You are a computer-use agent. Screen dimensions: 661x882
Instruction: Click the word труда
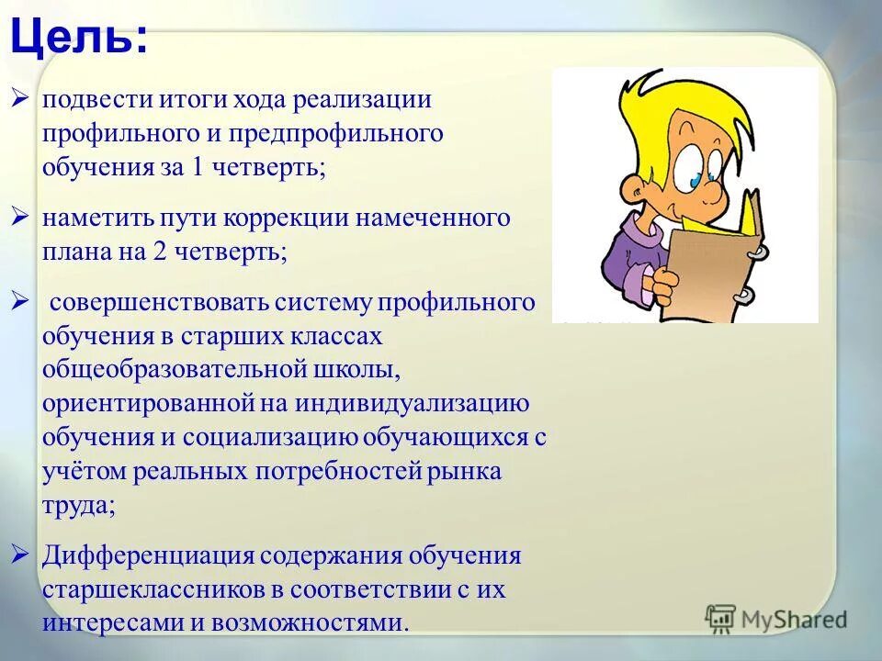(77, 506)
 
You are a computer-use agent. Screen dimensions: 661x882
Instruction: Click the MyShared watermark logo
(776, 620)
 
